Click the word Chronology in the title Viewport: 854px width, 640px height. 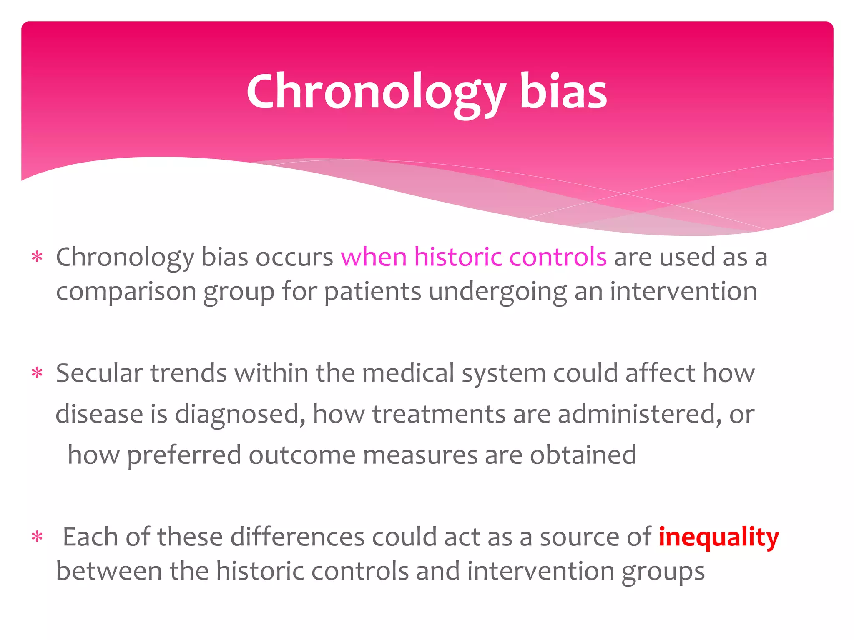click(x=375, y=92)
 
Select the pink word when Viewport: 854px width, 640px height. click(x=374, y=257)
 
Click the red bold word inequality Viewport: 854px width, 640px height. click(x=718, y=537)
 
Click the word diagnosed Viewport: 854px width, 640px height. click(x=240, y=415)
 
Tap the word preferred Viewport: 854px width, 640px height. click(x=184, y=455)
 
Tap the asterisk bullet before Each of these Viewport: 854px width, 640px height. click(x=37, y=537)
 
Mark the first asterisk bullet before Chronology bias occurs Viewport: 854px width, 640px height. click(x=37, y=257)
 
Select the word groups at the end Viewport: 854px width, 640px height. click(x=663, y=572)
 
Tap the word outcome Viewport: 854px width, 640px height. click(x=302, y=455)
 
